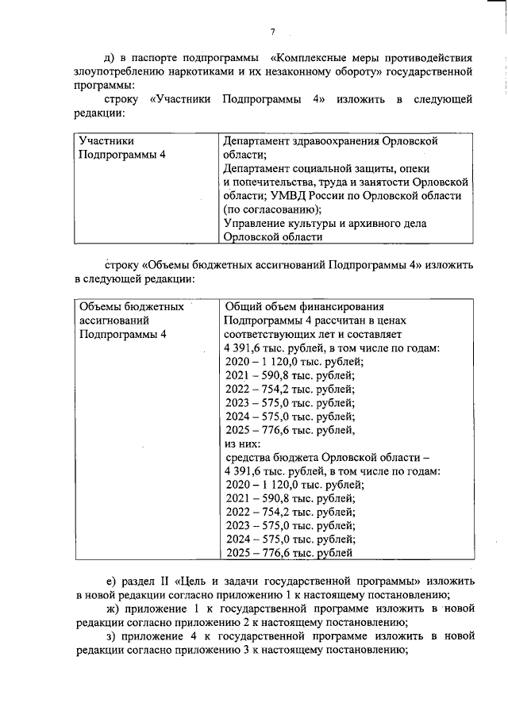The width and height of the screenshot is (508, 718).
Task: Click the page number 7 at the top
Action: tap(272, 31)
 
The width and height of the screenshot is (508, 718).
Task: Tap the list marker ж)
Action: tap(111, 609)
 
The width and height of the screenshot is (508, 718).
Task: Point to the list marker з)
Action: tap(110, 637)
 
